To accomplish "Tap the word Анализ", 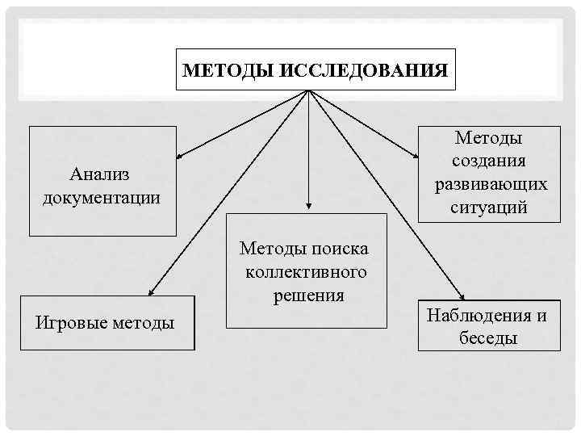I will pos(100,174).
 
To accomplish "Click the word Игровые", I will pos(73,323).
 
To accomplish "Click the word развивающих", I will pos(491,184).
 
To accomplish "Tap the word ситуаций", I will pos(490,207).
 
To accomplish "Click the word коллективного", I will pos(307,272).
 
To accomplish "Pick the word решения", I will pos(308,295).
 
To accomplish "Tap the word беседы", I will pos(488,337).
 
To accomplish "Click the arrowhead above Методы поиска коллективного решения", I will pos(308,208).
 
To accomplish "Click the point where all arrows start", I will pos(308,90).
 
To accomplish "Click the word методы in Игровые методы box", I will pos(144,323).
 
